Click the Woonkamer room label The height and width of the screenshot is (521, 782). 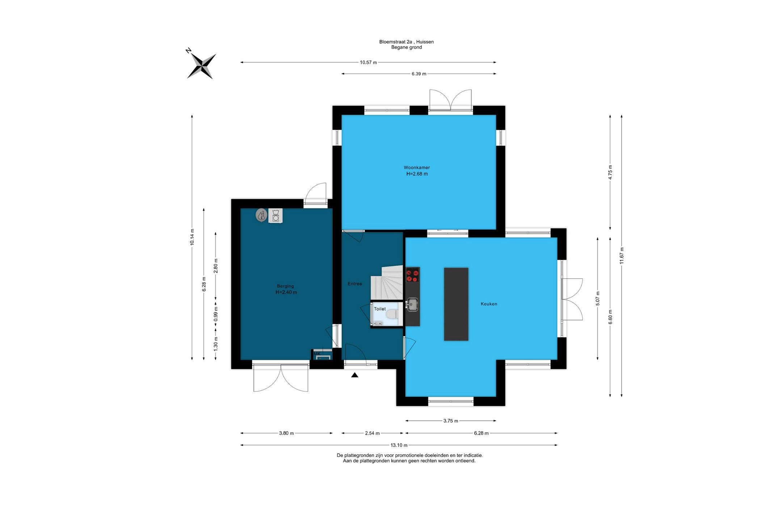(417, 168)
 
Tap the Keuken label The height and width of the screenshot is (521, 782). (489, 304)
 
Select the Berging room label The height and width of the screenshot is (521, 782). (285, 286)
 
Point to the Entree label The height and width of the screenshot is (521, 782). (355, 284)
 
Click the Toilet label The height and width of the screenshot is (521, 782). (380, 309)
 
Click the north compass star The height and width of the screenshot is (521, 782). (201, 66)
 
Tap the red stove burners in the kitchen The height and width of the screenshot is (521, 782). (412, 274)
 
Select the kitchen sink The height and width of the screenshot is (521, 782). (412, 304)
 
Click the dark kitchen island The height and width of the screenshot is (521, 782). (456, 304)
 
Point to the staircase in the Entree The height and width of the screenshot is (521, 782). (387, 283)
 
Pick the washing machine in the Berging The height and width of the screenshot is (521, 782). (276, 216)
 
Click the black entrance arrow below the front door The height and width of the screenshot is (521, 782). (355, 375)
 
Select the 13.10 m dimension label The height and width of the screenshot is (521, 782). (399, 445)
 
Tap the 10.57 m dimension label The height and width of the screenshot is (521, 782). (368, 63)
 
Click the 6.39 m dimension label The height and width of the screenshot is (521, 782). (419, 74)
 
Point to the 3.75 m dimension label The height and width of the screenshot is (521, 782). (451, 421)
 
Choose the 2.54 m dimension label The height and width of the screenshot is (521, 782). (372, 433)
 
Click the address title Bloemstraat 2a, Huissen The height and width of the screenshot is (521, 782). (407, 42)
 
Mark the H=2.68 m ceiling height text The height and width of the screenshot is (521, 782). (417, 174)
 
